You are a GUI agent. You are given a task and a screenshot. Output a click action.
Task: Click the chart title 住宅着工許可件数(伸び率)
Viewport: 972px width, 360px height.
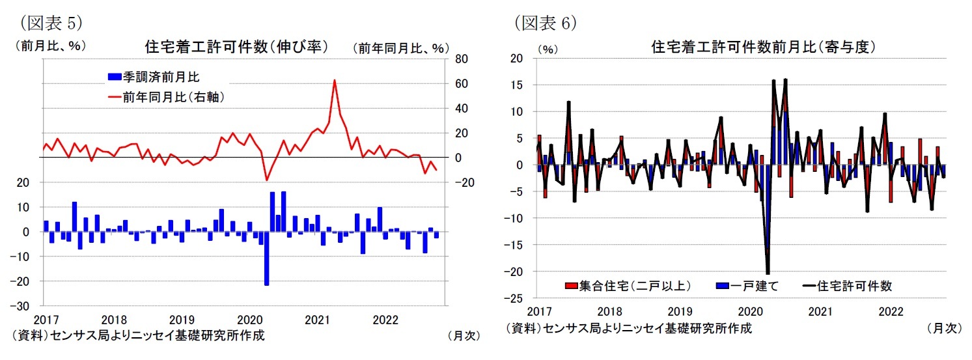point(236,47)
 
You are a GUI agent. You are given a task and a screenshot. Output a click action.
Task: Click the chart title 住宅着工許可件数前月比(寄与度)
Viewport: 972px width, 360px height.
point(762,47)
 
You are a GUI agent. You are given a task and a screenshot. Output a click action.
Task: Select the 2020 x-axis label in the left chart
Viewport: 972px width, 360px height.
point(250,320)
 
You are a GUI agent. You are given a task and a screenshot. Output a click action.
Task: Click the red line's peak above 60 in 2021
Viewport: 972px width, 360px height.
point(334,81)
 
